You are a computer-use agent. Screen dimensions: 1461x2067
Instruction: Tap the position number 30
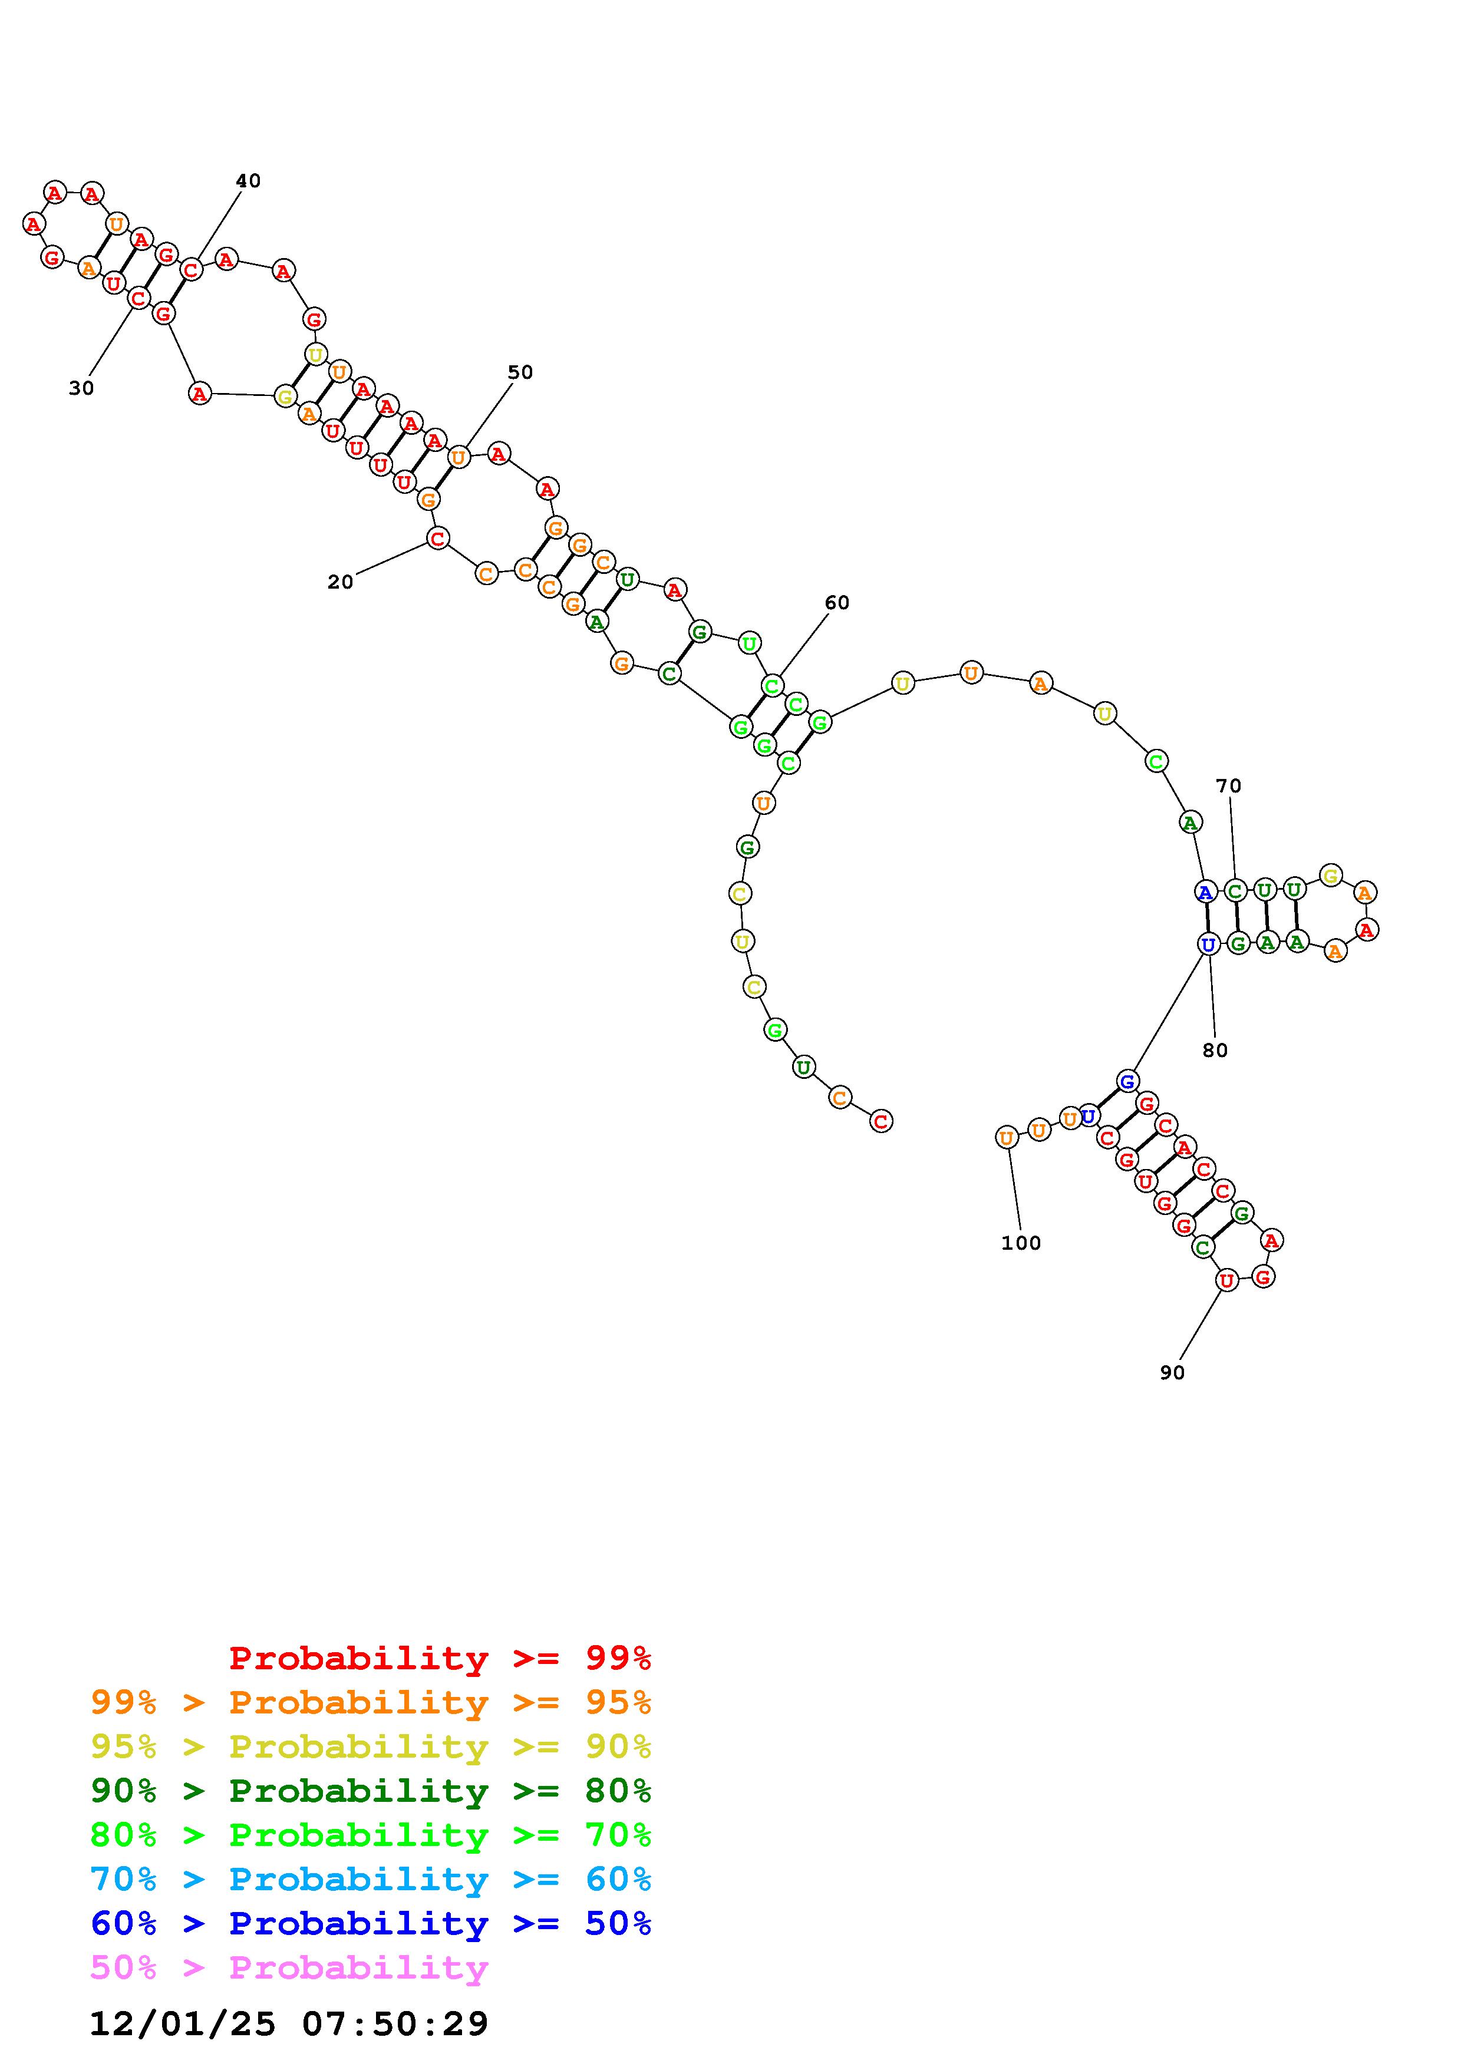click(x=81, y=388)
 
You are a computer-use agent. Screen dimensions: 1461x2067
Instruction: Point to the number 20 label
click(x=340, y=583)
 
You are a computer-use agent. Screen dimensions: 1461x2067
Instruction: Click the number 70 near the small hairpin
click(x=1229, y=786)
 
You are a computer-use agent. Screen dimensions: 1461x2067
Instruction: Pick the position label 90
click(x=1172, y=1372)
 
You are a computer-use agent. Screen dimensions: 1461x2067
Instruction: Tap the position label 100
click(x=1021, y=1243)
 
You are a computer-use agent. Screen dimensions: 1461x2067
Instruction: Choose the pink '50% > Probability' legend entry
click(x=289, y=1968)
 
